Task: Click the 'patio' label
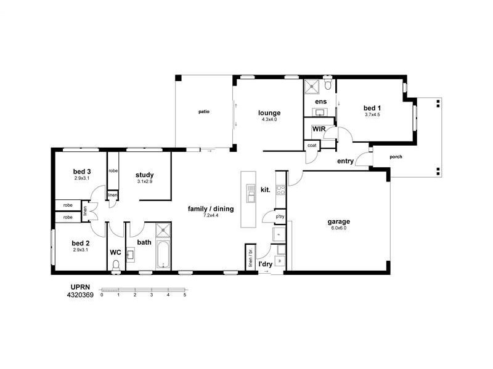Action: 203,112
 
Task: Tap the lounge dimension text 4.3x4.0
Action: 269,120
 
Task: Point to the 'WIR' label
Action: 319,129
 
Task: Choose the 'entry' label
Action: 345,162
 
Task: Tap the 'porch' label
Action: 396,157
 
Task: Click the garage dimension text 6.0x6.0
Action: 339,228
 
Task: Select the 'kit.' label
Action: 266,189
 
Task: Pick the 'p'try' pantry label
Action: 280,216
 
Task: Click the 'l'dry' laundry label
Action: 266,264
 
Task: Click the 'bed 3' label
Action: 82,171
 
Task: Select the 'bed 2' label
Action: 81,242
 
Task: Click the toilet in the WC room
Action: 115,266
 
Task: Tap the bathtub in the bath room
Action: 163,255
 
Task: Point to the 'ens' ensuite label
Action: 320,101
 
